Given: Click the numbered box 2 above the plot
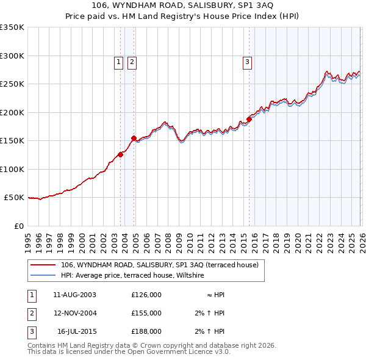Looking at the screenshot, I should tap(132, 61).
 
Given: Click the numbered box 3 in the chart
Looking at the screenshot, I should tap(247, 61).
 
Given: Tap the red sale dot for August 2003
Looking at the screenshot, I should tap(121, 154).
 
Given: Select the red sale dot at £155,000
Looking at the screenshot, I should tap(134, 138).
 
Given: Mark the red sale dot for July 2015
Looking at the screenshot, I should tap(249, 119).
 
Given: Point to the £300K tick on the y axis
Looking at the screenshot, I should tap(12, 56).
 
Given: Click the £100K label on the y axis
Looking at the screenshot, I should tap(12, 169).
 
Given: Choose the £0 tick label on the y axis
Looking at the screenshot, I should tap(18, 226).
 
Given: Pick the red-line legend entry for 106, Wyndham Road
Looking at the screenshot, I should tap(160, 265).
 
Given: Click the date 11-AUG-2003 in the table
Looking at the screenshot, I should tap(74, 294).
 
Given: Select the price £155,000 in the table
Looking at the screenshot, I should tap(146, 313).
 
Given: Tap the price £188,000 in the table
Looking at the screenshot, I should tap(146, 331).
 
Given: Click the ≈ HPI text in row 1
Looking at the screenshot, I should tap(216, 294).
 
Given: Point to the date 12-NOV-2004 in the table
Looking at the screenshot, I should tap(74, 313).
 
